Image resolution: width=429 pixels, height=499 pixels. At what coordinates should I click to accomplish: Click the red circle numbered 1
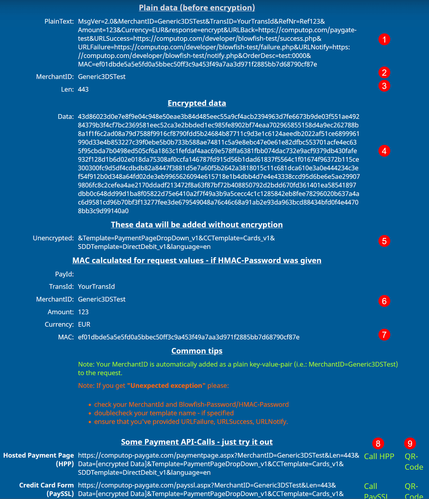384,39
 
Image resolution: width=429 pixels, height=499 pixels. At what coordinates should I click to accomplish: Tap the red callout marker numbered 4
384,151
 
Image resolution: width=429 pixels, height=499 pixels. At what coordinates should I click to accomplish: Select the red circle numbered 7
384,335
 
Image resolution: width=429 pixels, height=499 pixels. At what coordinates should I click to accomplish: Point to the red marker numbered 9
410,444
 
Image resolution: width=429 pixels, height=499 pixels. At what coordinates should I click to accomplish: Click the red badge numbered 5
384,241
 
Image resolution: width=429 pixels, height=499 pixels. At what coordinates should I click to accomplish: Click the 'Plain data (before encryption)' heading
197,8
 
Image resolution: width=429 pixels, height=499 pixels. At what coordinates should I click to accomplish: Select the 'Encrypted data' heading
197,103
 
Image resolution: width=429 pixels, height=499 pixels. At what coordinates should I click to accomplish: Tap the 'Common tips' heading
197,351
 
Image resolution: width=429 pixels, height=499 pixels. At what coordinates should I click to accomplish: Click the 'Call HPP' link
379,456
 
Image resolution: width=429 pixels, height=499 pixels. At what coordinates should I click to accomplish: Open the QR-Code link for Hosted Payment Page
414,461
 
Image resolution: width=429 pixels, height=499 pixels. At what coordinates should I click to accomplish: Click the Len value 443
83,89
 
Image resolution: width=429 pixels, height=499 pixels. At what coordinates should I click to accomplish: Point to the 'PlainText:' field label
59,21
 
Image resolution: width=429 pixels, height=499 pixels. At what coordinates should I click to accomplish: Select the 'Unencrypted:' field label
53,238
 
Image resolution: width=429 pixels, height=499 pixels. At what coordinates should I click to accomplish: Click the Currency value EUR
84,324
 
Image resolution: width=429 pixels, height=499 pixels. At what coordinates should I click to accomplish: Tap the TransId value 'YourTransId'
96,287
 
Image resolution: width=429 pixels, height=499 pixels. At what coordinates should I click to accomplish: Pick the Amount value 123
83,312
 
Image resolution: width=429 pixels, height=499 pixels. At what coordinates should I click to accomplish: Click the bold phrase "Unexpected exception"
166,386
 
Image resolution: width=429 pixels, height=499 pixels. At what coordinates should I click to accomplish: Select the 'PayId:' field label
64,274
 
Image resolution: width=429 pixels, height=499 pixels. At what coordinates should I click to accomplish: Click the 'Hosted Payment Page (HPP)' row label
39,460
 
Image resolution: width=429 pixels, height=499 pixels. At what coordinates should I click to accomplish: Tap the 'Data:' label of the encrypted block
66,117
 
